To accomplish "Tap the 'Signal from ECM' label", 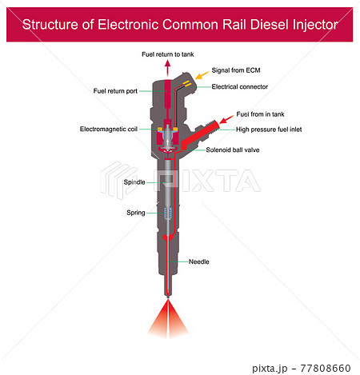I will pyautogui.click(x=236, y=70).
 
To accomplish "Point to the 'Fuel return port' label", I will pyautogui.click(x=116, y=91).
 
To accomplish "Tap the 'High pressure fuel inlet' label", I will pyautogui.click(x=269, y=129).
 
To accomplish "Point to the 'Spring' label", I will pyautogui.click(x=135, y=213).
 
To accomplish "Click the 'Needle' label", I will pyautogui.click(x=199, y=261).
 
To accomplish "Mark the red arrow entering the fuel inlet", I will pyautogui.click(x=224, y=118).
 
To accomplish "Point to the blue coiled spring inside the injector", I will pyautogui.click(x=166, y=213).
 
